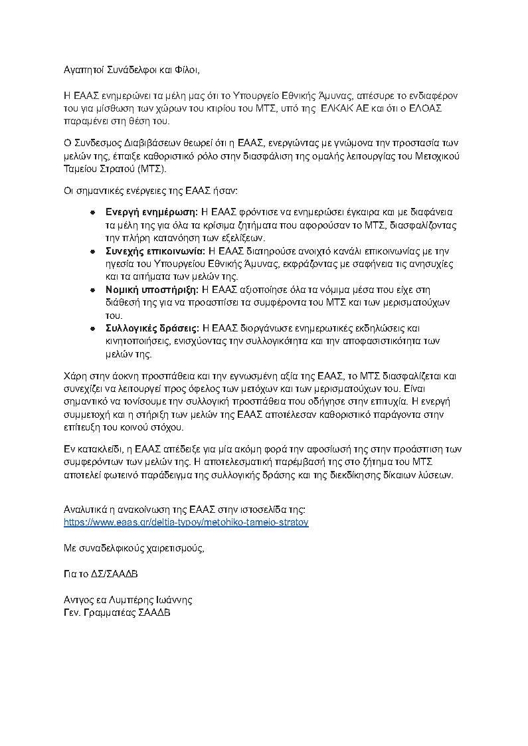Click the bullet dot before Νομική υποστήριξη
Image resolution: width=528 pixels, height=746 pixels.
94,290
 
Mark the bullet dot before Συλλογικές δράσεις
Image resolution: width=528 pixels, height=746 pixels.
94,328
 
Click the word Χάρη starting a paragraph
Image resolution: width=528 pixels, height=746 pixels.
75,375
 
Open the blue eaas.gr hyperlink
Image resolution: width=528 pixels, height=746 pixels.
186,522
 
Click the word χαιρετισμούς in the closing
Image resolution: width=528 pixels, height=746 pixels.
173,548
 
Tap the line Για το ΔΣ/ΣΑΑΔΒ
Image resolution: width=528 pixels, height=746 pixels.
101,573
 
